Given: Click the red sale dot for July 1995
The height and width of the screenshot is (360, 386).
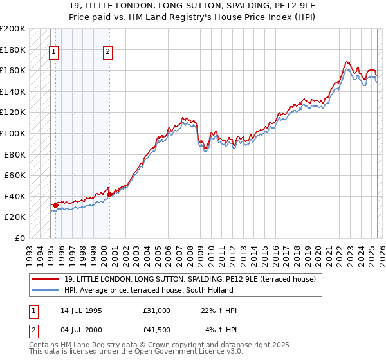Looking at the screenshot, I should point(56,205).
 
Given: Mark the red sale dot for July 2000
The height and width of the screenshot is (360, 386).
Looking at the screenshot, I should point(109,194).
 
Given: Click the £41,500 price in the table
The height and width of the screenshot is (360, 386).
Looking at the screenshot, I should point(157,330).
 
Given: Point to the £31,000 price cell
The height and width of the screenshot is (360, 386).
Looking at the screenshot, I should point(157,310).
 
